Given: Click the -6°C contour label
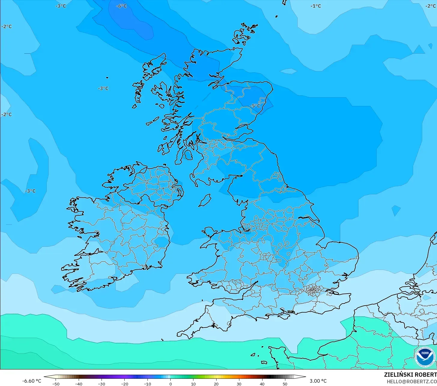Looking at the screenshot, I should pos(122,6).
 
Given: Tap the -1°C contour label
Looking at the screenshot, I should pos(316,6).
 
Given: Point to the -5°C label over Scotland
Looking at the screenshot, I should pos(255,106).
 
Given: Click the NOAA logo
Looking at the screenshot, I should pos(425,357).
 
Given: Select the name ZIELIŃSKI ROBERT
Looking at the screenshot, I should pos(410,375).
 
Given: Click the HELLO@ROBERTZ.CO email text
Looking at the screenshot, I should pos(411,382).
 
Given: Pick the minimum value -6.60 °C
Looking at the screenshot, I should pos(32,381).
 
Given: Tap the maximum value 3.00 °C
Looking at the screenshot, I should pos(318,381).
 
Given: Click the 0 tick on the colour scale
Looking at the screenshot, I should pos(170,384).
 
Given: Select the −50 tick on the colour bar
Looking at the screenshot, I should pos(56,384).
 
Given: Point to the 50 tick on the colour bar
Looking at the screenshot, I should pos(285,384).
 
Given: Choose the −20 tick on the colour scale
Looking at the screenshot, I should pos(124,384).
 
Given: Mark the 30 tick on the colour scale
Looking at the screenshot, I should pos(239,384).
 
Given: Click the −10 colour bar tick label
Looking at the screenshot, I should pos(147,384).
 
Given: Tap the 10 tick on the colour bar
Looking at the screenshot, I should pos(193,384).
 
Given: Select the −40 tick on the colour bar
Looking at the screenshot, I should pos(78,384).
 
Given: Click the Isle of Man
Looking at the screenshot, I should pos(205,200).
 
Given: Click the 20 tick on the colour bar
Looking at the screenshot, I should pos(216,384).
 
